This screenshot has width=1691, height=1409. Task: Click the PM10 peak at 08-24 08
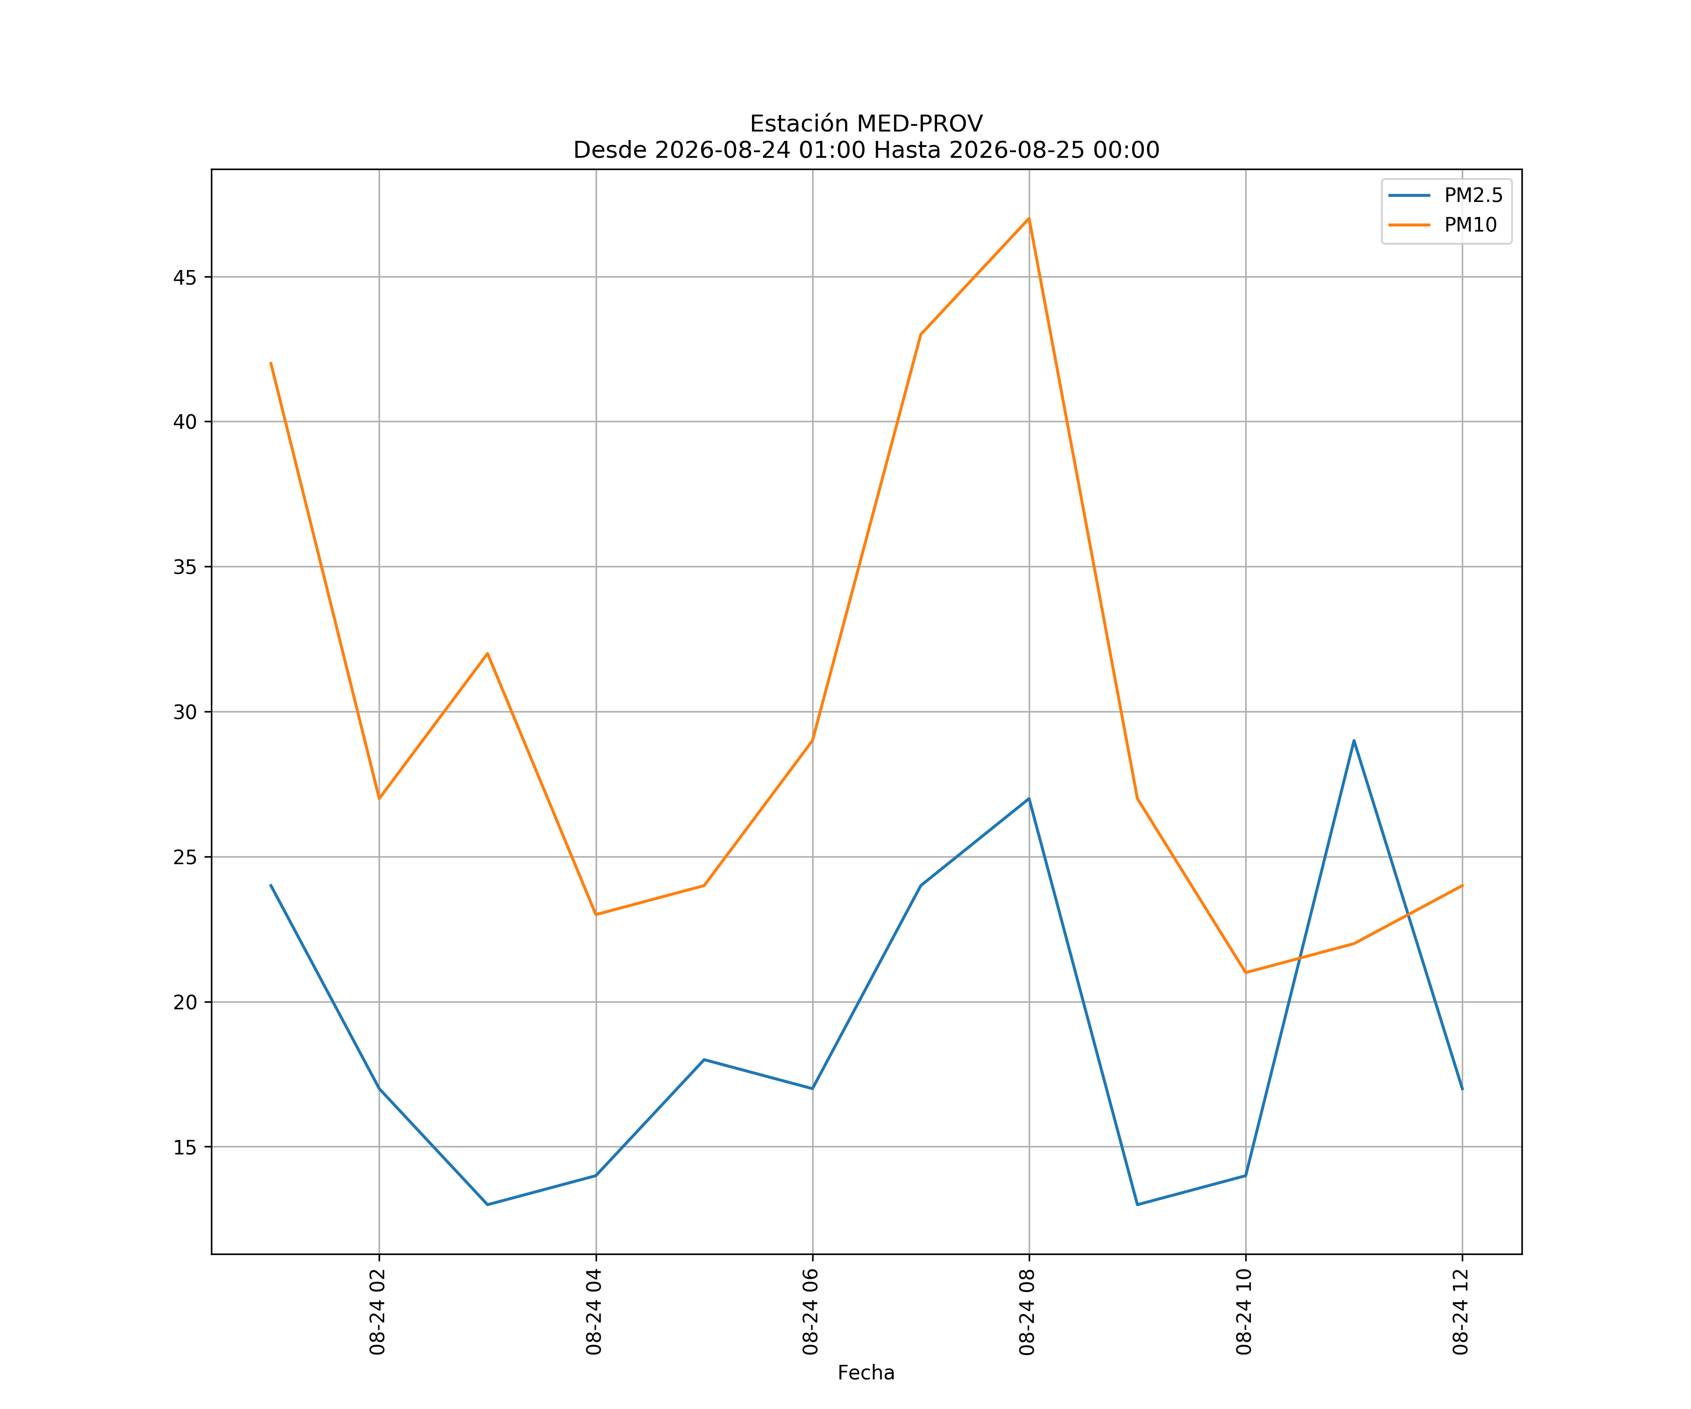tap(1029, 218)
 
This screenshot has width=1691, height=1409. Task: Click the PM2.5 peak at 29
tap(1354, 740)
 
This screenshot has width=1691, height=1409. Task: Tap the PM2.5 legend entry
tap(1445, 196)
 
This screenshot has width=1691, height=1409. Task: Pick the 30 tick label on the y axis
tap(185, 712)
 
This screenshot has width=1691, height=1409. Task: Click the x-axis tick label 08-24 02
tap(378, 1312)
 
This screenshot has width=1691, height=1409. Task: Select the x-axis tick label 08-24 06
tap(811, 1312)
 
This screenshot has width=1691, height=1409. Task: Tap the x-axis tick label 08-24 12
tap(1461, 1312)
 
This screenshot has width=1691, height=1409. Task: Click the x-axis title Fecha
tap(867, 1373)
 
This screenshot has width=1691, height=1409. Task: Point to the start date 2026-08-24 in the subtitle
tap(723, 150)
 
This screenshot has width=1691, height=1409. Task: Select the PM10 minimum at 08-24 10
tap(1246, 973)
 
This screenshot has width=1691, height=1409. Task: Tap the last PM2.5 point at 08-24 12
tap(1462, 1089)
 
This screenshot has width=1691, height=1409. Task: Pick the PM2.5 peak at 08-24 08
tap(1029, 799)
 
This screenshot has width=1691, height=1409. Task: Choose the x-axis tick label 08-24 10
tap(1244, 1312)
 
